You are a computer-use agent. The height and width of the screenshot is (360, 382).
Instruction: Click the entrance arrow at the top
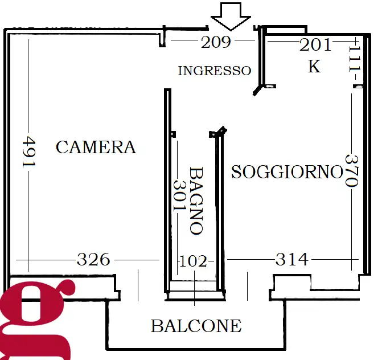[231, 15]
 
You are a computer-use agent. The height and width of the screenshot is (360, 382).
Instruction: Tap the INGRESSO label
[214, 71]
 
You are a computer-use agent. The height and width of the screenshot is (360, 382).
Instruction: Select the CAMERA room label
[96, 148]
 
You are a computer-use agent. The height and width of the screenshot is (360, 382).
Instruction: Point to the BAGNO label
[196, 201]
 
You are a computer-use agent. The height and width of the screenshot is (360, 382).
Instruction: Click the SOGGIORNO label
[287, 171]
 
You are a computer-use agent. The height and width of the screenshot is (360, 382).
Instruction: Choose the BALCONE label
[196, 326]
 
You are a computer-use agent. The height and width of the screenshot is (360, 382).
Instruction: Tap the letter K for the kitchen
[314, 67]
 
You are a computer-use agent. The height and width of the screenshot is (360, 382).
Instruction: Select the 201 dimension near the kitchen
[315, 46]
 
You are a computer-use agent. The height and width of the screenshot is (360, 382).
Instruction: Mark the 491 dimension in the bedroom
[28, 152]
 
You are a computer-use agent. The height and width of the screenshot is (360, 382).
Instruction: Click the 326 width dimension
[93, 260]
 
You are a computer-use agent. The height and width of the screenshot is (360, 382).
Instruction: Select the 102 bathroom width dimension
[192, 261]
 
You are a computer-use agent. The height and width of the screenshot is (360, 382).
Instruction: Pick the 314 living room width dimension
[291, 260]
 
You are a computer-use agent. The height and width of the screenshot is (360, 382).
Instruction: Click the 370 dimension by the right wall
[351, 171]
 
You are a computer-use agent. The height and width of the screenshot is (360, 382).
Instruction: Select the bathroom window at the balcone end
[194, 286]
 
